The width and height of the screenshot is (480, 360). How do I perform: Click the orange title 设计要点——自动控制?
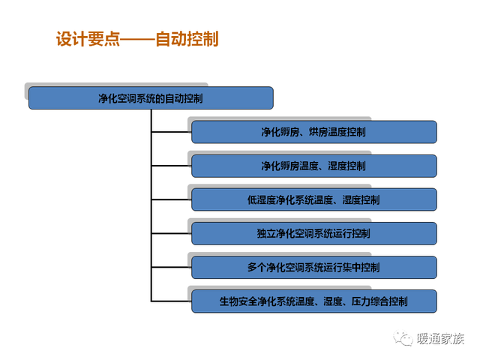[x=137, y=39]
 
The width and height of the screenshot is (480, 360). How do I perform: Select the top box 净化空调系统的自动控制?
[x=151, y=98]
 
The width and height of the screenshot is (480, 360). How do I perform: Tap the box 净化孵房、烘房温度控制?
[x=314, y=132]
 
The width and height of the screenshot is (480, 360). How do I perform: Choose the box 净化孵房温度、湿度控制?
[x=314, y=166]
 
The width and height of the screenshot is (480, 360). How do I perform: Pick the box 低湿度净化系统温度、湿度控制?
[x=314, y=199]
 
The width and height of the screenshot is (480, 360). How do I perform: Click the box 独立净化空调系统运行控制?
[x=314, y=233]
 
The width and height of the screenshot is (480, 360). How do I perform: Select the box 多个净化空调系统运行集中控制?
[x=314, y=268]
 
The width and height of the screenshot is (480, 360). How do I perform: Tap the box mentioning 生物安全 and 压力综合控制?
[x=314, y=301]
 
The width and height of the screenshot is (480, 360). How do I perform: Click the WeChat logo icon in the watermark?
[x=403, y=338]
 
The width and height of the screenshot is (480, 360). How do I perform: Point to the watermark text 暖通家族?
[x=440, y=338]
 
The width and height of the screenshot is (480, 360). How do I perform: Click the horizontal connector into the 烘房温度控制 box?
[x=172, y=132]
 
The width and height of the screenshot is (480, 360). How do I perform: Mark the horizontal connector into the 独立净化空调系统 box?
[x=172, y=233]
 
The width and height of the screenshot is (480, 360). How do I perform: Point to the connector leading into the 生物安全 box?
[x=172, y=301]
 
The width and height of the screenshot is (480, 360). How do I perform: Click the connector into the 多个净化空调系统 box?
[x=172, y=268]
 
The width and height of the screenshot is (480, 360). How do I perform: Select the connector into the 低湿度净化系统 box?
[x=172, y=199]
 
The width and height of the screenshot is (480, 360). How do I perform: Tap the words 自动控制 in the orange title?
[x=187, y=39]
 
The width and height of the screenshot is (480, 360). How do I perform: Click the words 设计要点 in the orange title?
[x=88, y=39]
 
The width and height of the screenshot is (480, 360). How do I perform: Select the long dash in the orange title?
[x=138, y=40]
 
